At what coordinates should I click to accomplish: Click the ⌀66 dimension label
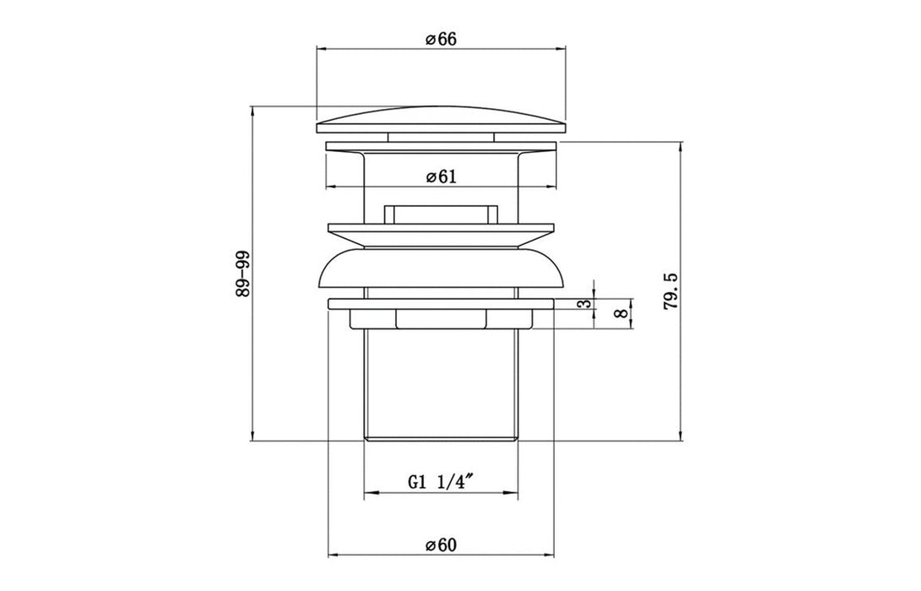441,40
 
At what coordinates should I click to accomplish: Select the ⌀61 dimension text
441,176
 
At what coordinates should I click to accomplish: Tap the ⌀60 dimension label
441,545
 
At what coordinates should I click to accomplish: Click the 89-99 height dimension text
244,273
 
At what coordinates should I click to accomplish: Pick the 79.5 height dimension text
672,291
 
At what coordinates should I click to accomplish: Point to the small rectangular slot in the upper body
440,213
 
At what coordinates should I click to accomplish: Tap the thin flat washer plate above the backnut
440,301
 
